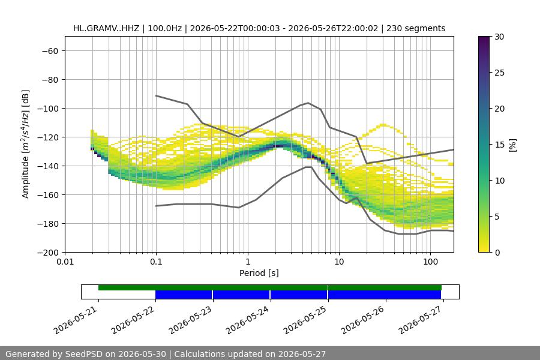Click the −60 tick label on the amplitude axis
click(50, 51)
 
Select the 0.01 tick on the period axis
click(65, 262)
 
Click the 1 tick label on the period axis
click(248, 262)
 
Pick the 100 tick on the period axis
click(430, 262)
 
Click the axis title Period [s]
click(259, 273)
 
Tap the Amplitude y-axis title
click(25, 144)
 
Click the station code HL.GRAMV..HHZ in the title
click(106, 28)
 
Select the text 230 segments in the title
click(416, 28)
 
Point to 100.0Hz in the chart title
click(164, 28)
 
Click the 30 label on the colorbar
click(499, 37)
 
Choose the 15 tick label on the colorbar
click(499, 145)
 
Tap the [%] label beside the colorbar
click(513, 145)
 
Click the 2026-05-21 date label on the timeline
click(76, 320)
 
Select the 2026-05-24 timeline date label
click(248, 320)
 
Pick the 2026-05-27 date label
click(421, 320)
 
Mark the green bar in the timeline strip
click(270, 287)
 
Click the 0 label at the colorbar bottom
click(497, 253)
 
